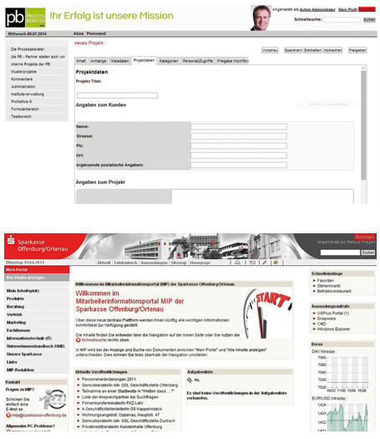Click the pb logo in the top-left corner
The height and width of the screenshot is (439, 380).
(x=16, y=16)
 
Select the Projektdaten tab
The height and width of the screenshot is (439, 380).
(x=144, y=61)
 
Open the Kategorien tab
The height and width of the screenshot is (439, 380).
(x=169, y=61)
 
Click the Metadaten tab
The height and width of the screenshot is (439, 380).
(x=119, y=61)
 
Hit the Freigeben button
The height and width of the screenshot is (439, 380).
(x=357, y=50)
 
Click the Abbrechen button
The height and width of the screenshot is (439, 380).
(x=332, y=50)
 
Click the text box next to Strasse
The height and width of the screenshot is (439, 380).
(x=238, y=135)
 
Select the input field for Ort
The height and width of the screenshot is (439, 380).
(x=238, y=156)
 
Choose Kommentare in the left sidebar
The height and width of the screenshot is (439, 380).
(x=25, y=79)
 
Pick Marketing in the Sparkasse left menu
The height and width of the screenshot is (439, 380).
(x=17, y=322)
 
